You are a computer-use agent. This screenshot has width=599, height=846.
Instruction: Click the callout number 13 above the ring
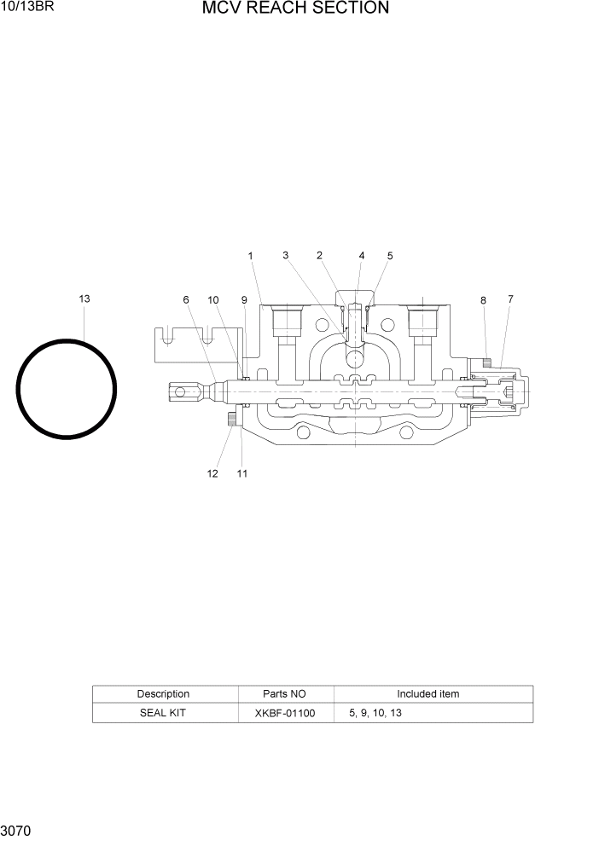coord(84,299)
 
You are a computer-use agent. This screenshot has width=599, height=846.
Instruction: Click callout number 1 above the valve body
coord(251,256)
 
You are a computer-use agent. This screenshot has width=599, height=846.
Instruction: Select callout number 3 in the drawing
coord(286,255)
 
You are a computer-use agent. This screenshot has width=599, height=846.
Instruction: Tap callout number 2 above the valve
coord(319,255)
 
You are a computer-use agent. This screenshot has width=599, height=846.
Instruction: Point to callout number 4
coord(362,255)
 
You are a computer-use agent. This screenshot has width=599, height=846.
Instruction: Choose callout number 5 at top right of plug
coord(390,256)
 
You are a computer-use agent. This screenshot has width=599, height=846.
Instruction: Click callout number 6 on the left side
coord(186,300)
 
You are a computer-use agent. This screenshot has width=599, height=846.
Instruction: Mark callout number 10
coord(213,300)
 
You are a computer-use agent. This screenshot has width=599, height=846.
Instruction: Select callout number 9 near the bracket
coord(244,300)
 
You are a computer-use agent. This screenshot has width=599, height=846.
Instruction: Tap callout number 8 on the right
coord(483,300)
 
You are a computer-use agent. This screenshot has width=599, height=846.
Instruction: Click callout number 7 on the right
coord(510,299)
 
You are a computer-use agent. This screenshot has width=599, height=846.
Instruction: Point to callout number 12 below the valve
coord(212,474)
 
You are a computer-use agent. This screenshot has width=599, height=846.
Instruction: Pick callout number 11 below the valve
coord(242,474)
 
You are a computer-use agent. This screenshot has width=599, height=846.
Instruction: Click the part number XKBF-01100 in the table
coord(285,713)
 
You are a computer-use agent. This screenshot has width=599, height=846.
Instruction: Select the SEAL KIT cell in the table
coord(163,713)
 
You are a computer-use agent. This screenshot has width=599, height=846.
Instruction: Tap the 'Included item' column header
coord(427,694)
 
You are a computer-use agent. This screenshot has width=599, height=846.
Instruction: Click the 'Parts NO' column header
coord(285,694)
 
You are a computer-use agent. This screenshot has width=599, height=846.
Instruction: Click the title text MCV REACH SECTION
coord(295,9)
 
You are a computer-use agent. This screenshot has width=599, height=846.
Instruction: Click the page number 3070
coord(17,830)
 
